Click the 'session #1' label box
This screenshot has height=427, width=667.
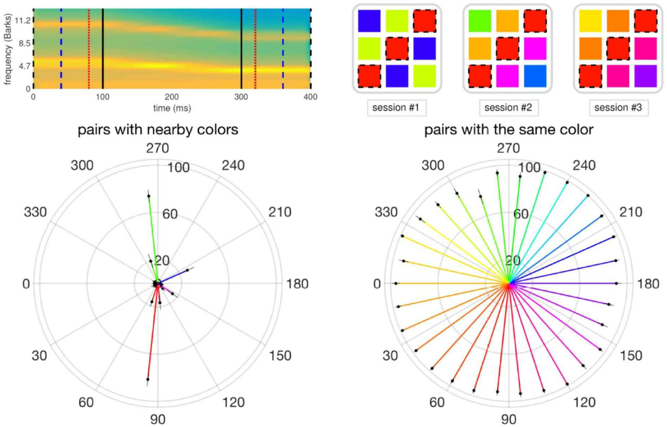396,108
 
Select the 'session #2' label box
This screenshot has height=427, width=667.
508,108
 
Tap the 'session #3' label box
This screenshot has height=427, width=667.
618,108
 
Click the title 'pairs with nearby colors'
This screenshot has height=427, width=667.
158,130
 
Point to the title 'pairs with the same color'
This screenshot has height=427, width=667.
509,130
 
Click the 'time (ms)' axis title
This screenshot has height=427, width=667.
172,108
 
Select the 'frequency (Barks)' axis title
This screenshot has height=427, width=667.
8,49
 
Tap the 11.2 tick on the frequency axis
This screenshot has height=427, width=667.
23,21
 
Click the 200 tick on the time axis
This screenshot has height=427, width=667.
172,97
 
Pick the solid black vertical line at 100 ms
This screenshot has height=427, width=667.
103,49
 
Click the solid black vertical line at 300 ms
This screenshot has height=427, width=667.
241,49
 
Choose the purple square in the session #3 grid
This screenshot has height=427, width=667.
645,76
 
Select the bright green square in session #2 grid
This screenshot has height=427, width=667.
480,21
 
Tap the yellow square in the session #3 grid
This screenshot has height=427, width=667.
590,21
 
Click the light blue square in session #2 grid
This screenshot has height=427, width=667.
535,76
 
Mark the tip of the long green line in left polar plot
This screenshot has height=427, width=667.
149,196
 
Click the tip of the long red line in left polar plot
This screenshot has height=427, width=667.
148,379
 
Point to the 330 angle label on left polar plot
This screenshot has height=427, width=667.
35,212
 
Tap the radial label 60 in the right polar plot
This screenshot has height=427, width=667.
521,214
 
